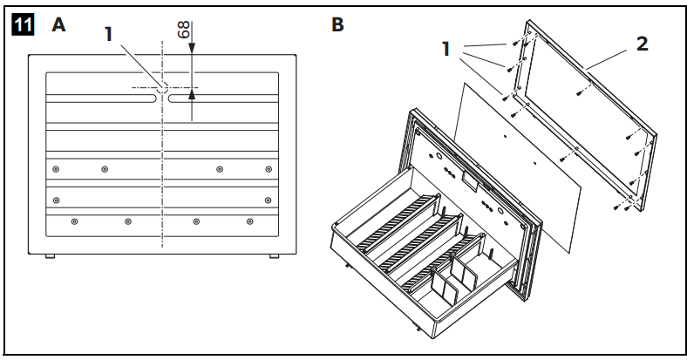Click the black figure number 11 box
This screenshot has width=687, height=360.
tap(21, 25)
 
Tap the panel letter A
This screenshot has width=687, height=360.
tap(58, 25)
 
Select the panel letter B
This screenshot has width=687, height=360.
tap(337, 24)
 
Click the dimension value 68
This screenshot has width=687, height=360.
tap(184, 29)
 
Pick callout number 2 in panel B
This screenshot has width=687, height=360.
tap(642, 44)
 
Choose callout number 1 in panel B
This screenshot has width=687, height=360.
tap(446, 50)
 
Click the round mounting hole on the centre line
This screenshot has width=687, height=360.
tap(163, 87)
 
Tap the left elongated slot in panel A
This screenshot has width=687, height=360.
tap(101, 100)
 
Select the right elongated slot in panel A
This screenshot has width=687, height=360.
tap(224, 100)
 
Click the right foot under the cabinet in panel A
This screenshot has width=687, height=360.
tap(275, 255)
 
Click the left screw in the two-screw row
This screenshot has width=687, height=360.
tap(57, 200)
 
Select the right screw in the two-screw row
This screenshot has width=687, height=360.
tap(268, 200)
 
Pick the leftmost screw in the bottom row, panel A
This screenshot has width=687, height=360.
tap(74, 221)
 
